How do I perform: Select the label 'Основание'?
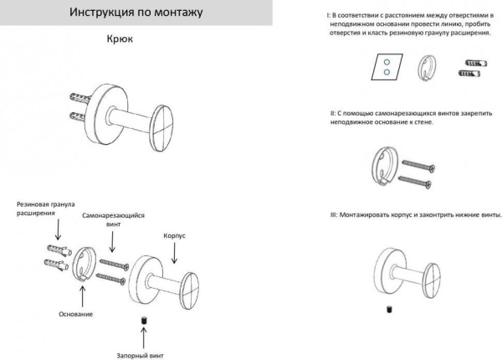click(x=76, y=313)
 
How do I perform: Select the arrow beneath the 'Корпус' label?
click(x=174, y=253)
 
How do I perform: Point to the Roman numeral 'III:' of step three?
click(x=334, y=214)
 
